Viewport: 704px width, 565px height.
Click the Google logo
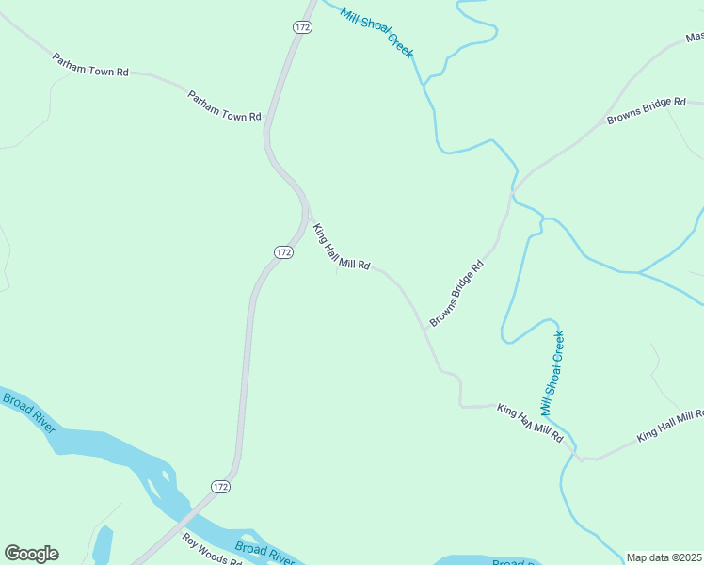(x=31, y=554)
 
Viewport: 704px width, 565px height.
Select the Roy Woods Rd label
(x=213, y=548)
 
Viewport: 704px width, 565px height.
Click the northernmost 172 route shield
(x=302, y=27)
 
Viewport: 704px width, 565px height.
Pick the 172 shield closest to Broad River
(x=220, y=486)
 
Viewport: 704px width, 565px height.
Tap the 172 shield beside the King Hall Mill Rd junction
(x=283, y=251)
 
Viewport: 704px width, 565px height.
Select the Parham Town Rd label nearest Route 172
(x=224, y=105)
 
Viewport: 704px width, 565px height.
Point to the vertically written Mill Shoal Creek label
(x=552, y=373)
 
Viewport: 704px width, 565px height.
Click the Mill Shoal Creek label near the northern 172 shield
(x=376, y=32)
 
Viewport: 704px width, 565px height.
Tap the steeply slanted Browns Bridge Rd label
(x=456, y=293)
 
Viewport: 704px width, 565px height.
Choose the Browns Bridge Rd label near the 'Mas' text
(x=647, y=112)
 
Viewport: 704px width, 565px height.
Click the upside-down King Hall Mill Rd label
(x=530, y=424)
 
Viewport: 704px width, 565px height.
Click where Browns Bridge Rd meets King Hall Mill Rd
(x=424, y=329)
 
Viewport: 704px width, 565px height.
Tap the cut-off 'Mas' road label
(x=695, y=38)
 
